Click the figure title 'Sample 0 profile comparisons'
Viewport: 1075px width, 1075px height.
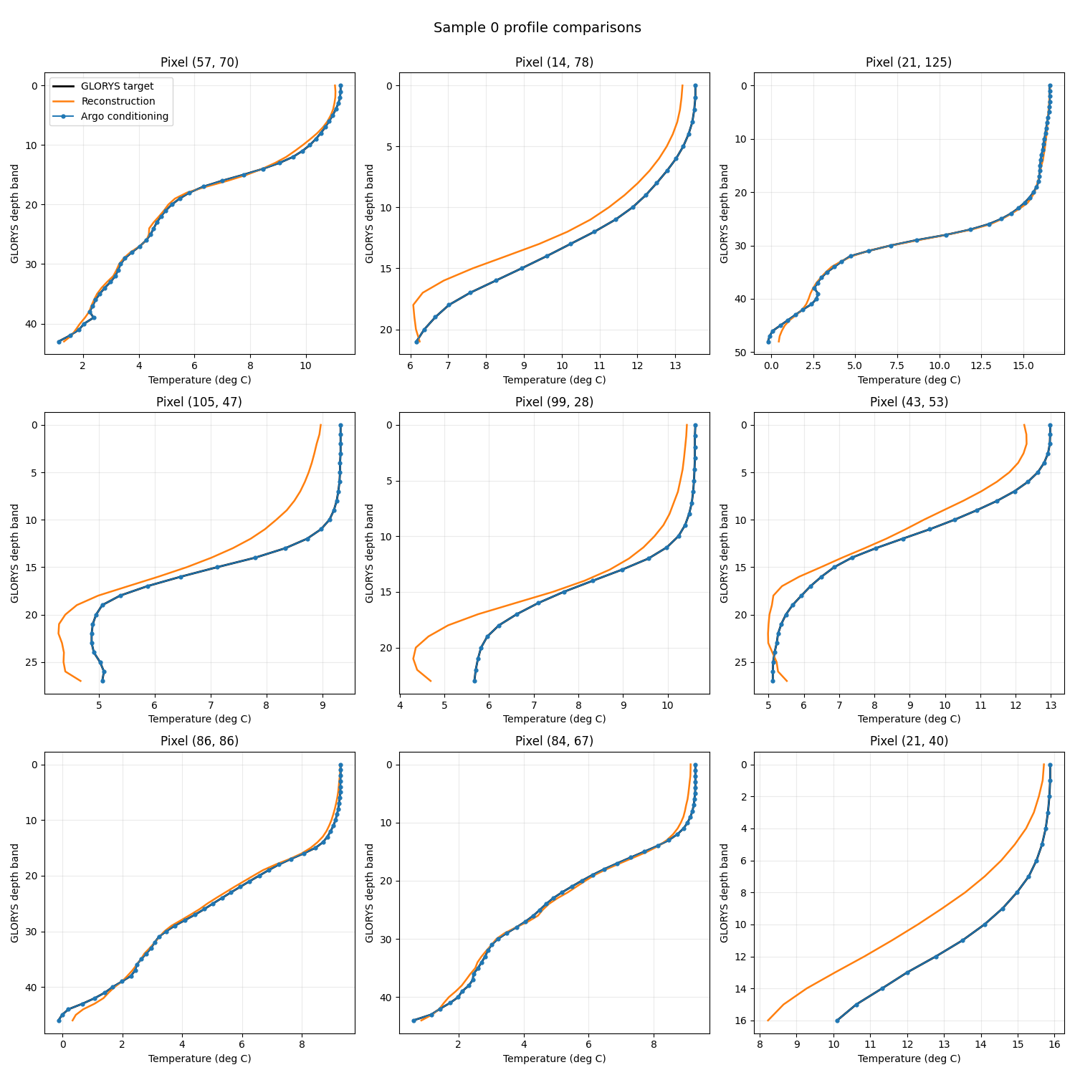coord(537,28)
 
